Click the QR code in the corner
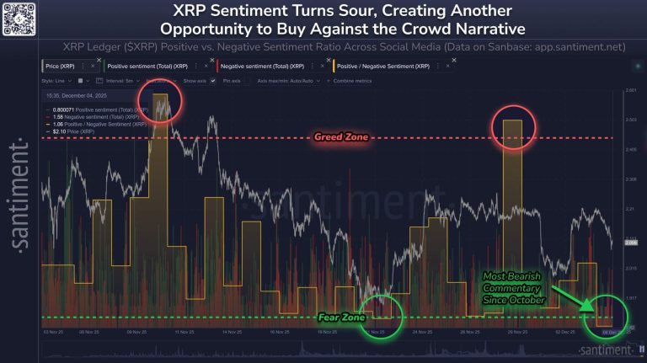[x=19, y=18]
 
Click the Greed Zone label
[x=341, y=136]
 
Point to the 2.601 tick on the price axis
[x=631, y=89]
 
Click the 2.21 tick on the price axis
[x=631, y=209]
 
